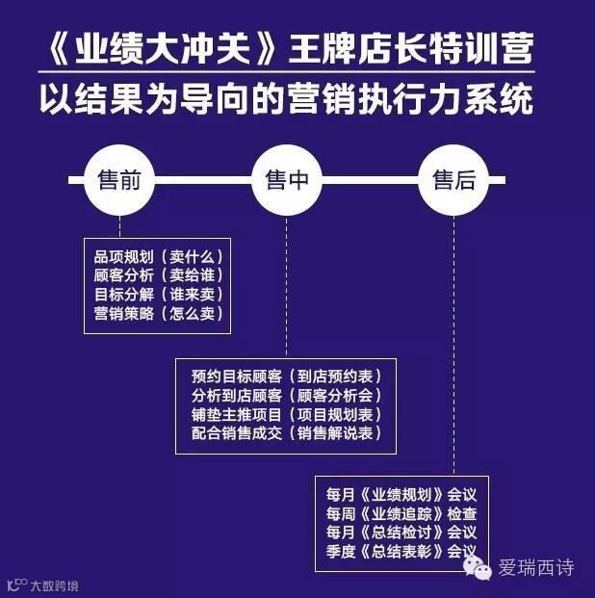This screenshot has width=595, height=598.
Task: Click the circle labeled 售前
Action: pyautogui.click(x=119, y=180)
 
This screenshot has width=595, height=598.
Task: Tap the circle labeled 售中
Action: pyautogui.click(x=287, y=180)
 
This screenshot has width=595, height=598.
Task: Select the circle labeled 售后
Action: pyautogui.click(x=454, y=180)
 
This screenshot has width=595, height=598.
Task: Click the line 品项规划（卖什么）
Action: pyautogui.click(x=158, y=257)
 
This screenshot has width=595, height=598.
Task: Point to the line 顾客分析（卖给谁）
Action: pyautogui.click(x=158, y=275)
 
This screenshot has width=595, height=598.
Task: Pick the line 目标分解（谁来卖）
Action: pyautogui.click(x=158, y=294)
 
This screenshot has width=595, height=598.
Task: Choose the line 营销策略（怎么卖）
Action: pyautogui.click(x=158, y=312)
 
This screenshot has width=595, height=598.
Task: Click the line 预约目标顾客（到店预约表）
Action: pyautogui.click(x=287, y=377)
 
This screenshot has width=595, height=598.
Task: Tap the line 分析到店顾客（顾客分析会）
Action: pyautogui.click(x=287, y=395)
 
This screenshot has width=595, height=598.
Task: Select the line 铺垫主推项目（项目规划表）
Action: pyautogui.click(x=287, y=414)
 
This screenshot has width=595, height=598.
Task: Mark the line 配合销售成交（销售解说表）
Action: pyautogui.click(x=287, y=432)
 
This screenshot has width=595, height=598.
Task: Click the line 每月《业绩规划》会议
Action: pyautogui.click(x=401, y=495)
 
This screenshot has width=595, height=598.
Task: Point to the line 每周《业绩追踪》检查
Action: pyautogui.click(x=401, y=513)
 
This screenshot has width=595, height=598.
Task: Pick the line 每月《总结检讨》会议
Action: pyautogui.click(x=401, y=532)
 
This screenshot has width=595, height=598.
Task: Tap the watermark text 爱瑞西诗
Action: pyautogui.click(x=534, y=568)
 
